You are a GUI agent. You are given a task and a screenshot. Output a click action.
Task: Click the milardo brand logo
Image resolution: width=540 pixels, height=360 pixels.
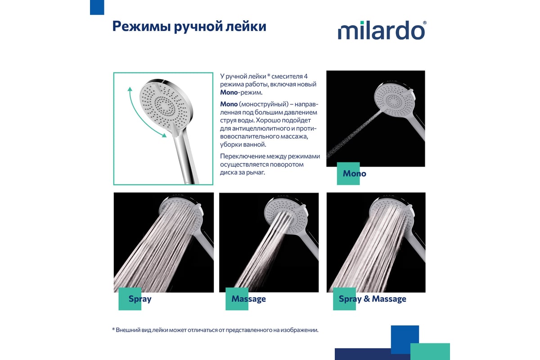click(x=382, y=30)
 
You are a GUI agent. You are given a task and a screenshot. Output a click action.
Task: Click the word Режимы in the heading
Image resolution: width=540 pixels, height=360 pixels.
click(x=142, y=26)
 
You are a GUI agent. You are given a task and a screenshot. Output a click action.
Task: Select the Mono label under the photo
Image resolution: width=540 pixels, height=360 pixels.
click(x=355, y=173)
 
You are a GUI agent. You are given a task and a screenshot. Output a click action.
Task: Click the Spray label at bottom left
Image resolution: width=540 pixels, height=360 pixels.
click(x=140, y=299)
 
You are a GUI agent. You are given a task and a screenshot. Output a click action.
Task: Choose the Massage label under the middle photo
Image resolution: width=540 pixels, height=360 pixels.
click(x=248, y=299)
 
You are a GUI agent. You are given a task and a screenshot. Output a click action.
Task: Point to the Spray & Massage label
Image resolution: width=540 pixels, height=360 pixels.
click(x=373, y=299)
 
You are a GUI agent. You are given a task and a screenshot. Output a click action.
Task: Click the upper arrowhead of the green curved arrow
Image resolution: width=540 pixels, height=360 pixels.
click(x=130, y=89)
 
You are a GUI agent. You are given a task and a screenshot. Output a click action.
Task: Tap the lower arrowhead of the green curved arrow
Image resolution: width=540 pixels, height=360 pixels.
click(x=164, y=135)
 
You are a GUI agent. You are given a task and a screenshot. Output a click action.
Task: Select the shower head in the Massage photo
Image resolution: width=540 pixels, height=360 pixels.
click(x=286, y=215)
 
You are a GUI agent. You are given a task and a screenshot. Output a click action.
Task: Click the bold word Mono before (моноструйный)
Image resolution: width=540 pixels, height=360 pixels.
click(x=229, y=104)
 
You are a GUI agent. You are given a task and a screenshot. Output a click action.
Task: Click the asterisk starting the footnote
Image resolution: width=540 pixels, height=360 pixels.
click(x=113, y=329)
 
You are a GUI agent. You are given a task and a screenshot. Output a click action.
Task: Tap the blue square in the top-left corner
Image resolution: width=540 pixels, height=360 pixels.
click(x=97, y=7)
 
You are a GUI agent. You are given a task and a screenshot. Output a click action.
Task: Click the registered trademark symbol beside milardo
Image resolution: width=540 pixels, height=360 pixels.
click(x=425, y=22)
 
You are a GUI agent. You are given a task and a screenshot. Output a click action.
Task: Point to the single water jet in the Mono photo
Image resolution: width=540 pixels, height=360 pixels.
click(x=355, y=134)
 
